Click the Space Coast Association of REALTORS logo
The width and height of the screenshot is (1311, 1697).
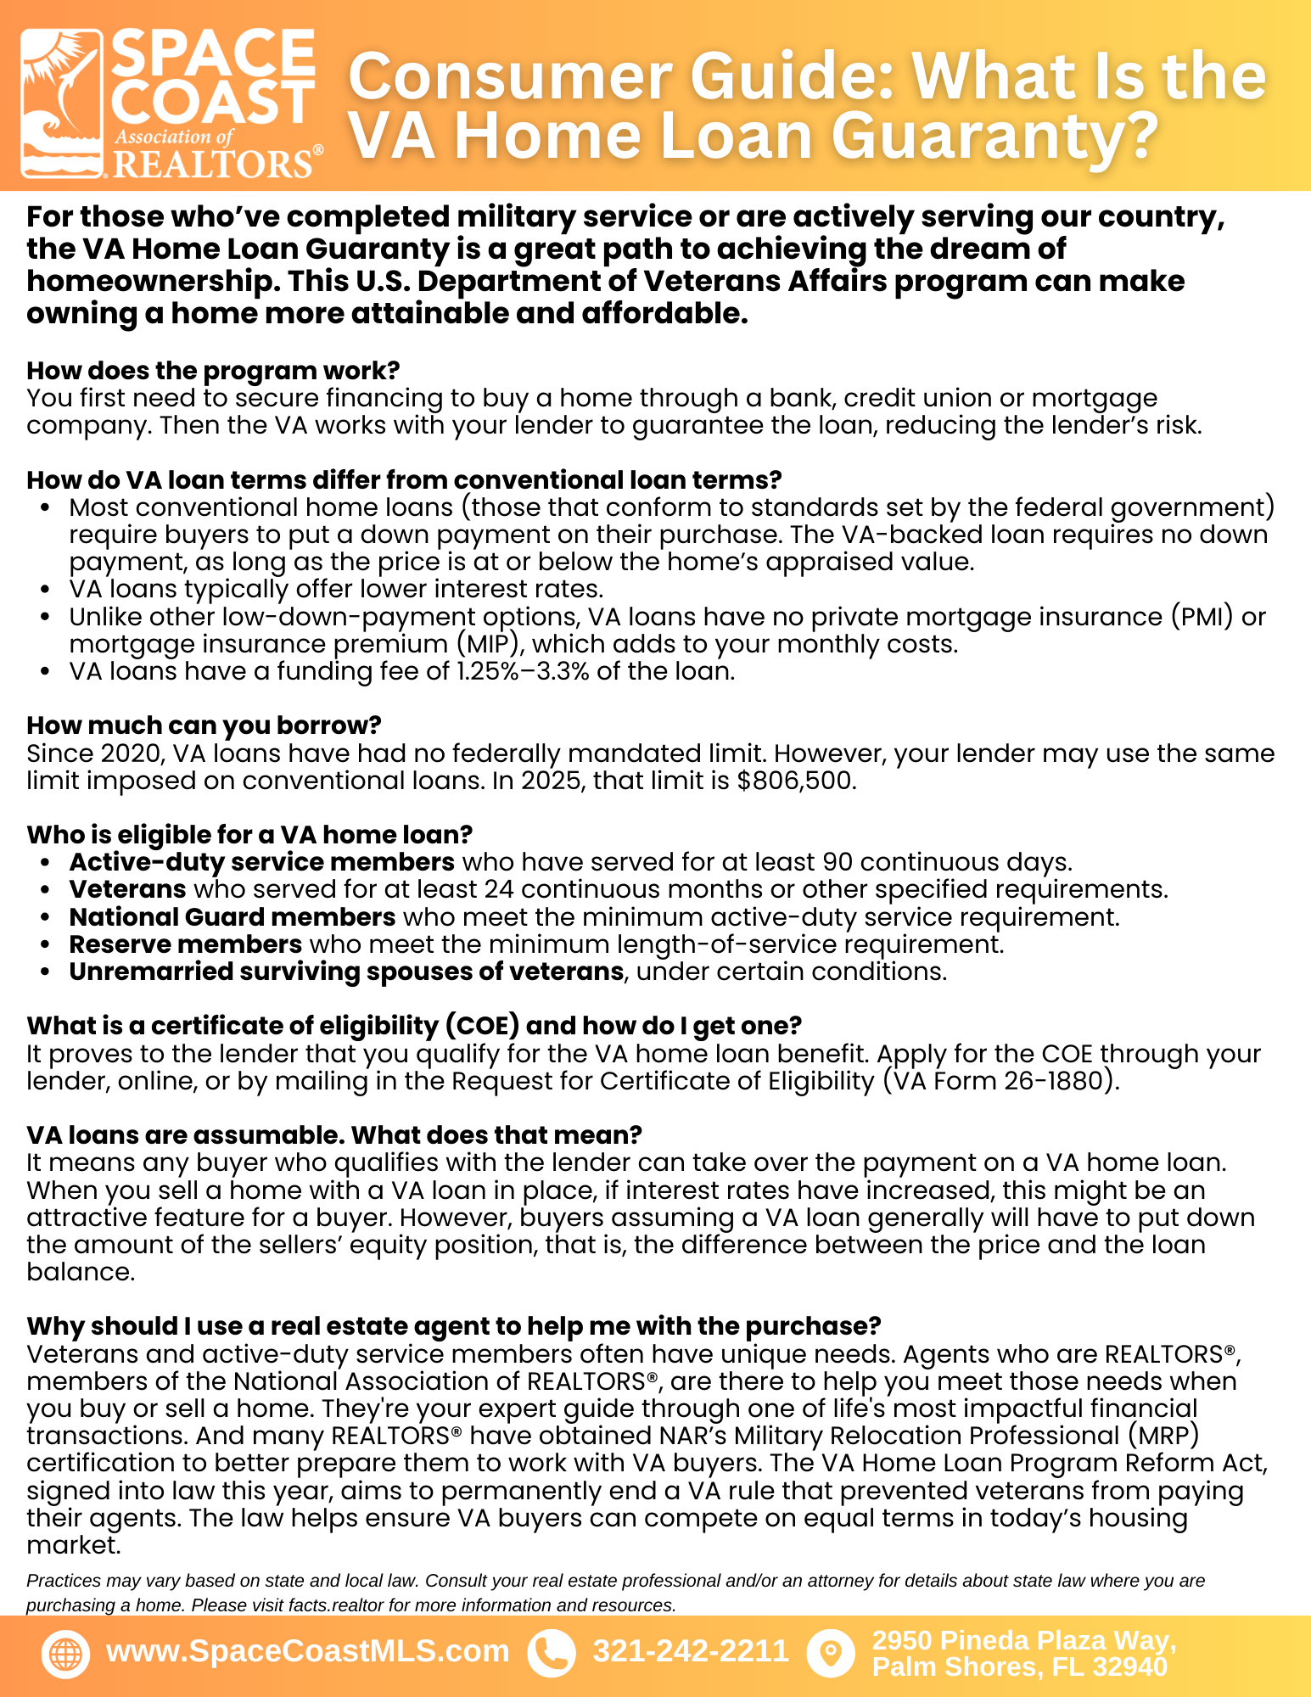tap(171, 104)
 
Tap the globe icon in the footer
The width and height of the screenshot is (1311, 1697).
tap(65, 1654)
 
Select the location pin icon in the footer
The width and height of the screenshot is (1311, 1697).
tap(831, 1654)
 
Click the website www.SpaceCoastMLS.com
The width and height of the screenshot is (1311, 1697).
tap(307, 1651)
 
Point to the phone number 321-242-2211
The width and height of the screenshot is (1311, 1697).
tap(691, 1651)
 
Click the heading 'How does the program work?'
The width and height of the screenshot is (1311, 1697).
tap(213, 371)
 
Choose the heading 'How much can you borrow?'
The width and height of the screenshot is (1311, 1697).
tap(204, 725)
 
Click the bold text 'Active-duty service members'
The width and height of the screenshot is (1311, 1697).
tap(262, 862)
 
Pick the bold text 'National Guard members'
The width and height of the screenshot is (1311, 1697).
tap(233, 917)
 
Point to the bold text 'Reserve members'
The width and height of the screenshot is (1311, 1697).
tap(186, 944)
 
